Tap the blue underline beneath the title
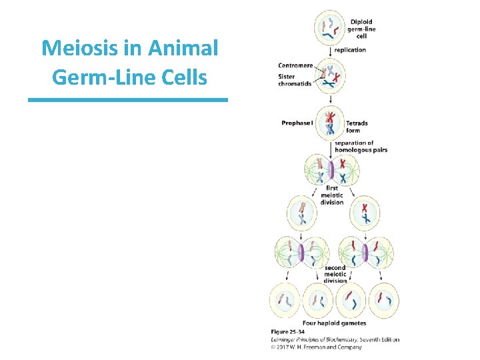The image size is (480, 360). [x=128, y=100]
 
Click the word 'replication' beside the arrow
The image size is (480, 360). [x=350, y=50]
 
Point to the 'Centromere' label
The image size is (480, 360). [x=295, y=65]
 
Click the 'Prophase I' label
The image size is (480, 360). [x=297, y=123]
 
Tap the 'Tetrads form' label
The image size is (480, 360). [x=357, y=127]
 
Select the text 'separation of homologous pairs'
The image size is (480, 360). [x=361, y=147]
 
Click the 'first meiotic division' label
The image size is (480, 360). [x=332, y=195]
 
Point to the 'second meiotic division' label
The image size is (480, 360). [x=335, y=274]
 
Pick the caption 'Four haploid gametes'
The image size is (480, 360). [x=334, y=323]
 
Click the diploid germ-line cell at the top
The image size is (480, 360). [x=331, y=27]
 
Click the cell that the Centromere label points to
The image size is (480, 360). [x=331, y=75]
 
